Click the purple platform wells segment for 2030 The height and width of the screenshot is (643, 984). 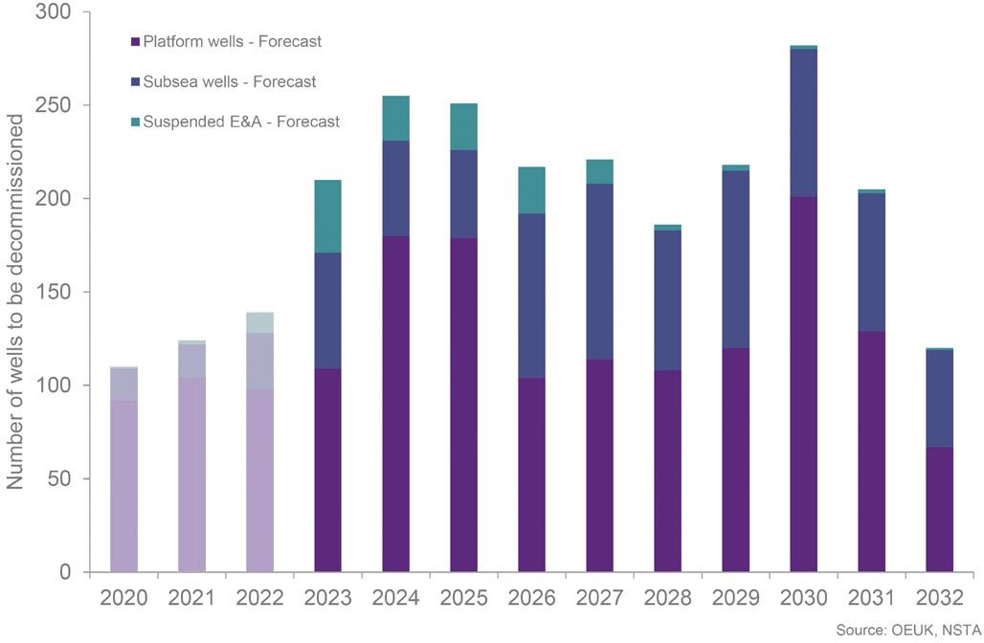(x=803, y=384)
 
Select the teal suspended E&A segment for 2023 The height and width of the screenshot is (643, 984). (x=327, y=216)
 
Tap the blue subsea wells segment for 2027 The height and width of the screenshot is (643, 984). (x=600, y=272)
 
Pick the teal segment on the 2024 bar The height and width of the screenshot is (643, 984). (x=396, y=119)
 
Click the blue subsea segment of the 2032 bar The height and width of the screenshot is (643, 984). (x=939, y=398)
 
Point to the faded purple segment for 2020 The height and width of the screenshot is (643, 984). (x=123, y=486)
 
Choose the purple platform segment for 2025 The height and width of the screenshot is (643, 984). (x=463, y=405)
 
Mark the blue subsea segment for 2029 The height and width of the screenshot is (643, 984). (x=735, y=259)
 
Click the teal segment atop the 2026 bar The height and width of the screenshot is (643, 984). (x=531, y=190)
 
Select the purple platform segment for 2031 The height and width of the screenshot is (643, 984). (x=872, y=452)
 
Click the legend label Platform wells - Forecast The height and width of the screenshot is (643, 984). (x=233, y=41)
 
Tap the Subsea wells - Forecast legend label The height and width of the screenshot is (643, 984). (x=230, y=81)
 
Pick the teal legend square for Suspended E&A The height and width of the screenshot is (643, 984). (x=135, y=122)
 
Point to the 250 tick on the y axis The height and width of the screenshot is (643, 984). (x=54, y=104)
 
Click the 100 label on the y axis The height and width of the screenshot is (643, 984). (x=54, y=386)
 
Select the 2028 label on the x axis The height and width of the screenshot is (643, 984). (x=668, y=598)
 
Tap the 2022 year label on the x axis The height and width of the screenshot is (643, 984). (x=259, y=598)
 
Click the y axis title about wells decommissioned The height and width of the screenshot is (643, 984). (x=14, y=301)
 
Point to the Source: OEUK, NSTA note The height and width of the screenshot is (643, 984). (x=908, y=630)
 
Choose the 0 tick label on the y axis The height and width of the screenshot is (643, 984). (x=65, y=572)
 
